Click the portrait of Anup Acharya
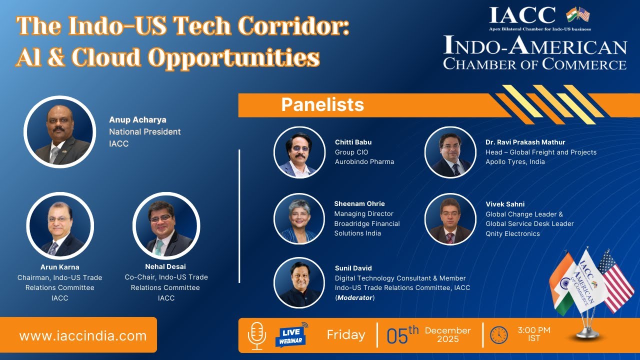point(59,132)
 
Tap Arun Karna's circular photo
point(60,225)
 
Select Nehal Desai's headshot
point(166,225)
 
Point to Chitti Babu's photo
point(299,152)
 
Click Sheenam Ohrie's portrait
point(299,218)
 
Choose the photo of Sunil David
point(299,282)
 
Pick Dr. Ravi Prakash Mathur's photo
point(450,152)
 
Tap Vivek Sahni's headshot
point(450,218)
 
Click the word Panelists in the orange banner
point(322,105)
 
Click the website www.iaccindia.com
point(83,335)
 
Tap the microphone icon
point(257,335)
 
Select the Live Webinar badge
point(290,335)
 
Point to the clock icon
point(498,335)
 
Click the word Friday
point(346,334)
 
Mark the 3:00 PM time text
point(534,330)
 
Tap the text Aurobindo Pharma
point(364,161)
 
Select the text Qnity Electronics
point(513,233)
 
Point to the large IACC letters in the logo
point(522,15)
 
